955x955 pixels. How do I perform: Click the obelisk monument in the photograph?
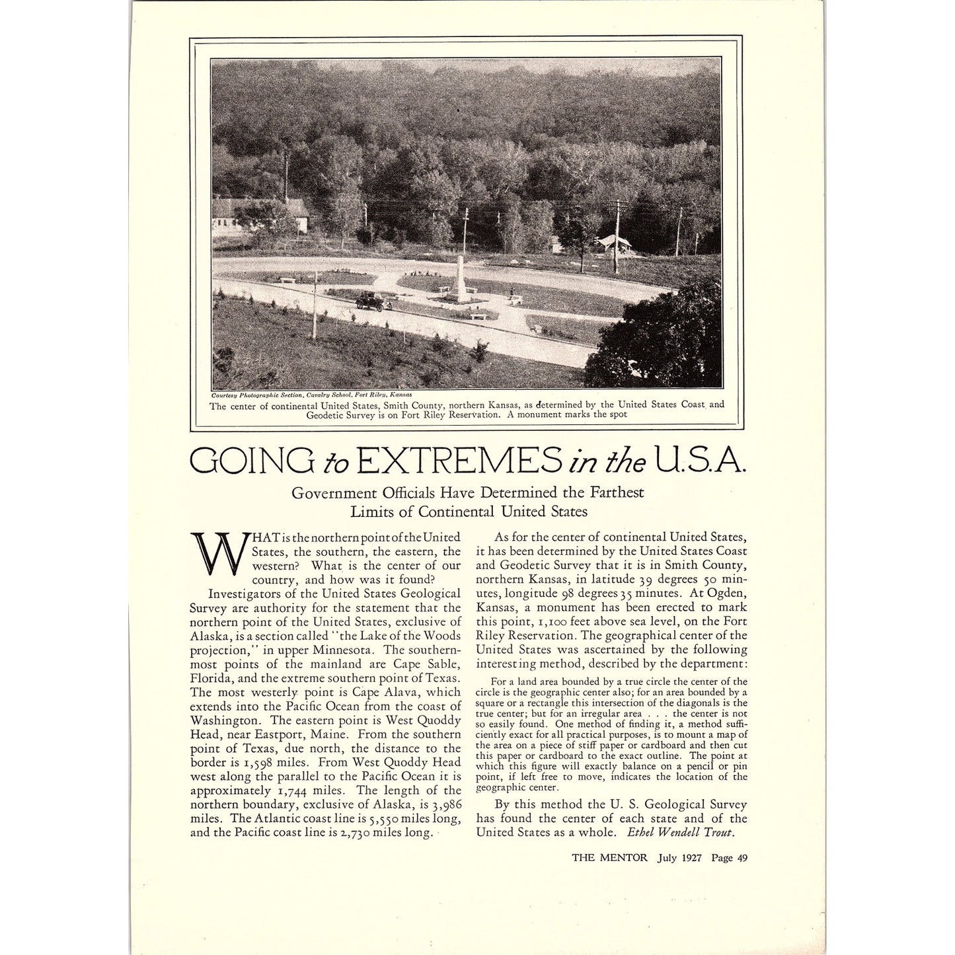pyautogui.click(x=461, y=279)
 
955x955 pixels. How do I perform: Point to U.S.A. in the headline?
pyautogui.click(x=700, y=461)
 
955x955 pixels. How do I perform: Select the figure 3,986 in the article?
pyautogui.click(x=442, y=804)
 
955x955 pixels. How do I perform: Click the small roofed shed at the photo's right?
pyautogui.click(x=614, y=244)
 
